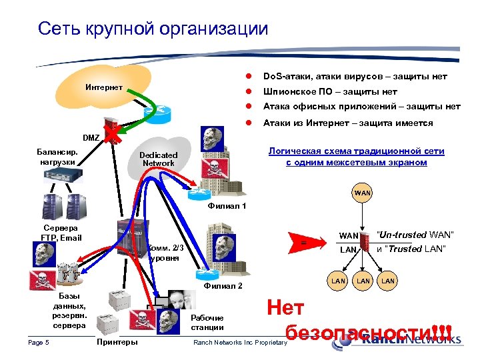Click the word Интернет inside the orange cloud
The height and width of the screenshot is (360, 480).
103,87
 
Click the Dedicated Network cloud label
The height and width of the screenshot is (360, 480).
158,159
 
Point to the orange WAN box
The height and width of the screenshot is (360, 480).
363,193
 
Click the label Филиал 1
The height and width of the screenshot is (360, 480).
227,206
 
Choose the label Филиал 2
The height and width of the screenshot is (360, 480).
223,287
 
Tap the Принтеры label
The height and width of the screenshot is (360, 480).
117,342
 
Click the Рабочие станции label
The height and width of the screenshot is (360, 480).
207,323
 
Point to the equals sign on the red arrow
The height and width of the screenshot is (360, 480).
304,243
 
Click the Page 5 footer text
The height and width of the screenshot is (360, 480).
39,343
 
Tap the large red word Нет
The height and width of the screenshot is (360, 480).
285,307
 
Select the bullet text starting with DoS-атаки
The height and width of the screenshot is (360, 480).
355,77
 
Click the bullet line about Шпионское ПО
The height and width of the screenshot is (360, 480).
330,92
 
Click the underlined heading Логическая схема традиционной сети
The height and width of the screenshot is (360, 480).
356,151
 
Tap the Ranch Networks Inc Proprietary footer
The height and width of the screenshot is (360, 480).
240,343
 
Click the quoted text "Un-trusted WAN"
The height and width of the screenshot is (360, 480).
415,234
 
